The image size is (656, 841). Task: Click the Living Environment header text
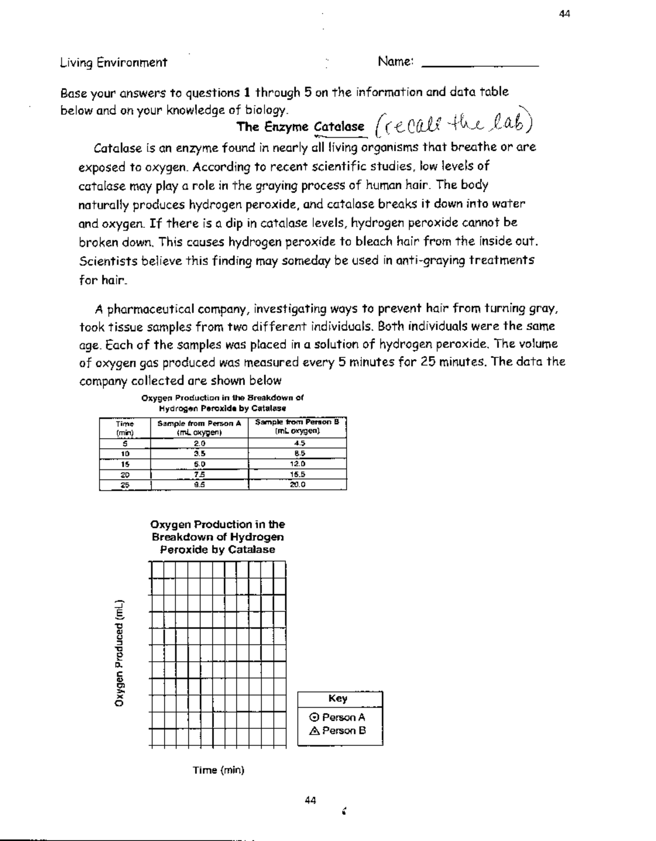pyautogui.click(x=113, y=62)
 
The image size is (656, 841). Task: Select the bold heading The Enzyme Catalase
pyautogui.click(x=300, y=127)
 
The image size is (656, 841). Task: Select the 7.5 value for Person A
pyautogui.click(x=199, y=474)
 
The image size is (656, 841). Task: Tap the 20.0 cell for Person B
pyautogui.click(x=297, y=484)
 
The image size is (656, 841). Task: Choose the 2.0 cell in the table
pyautogui.click(x=199, y=443)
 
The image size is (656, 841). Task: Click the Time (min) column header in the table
pyautogui.click(x=125, y=427)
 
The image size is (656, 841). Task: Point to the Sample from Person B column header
pyautogui.click(x=297, y=426)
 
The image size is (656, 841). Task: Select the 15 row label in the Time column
pyautogui.click(x=125, y=464)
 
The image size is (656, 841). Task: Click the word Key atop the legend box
pyautogui.click(x=337, y=698)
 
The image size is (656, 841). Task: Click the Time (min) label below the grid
pyautogui.click(x=218, y=770)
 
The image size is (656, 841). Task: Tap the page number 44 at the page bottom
pyautogui.click(x=310, y=800)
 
